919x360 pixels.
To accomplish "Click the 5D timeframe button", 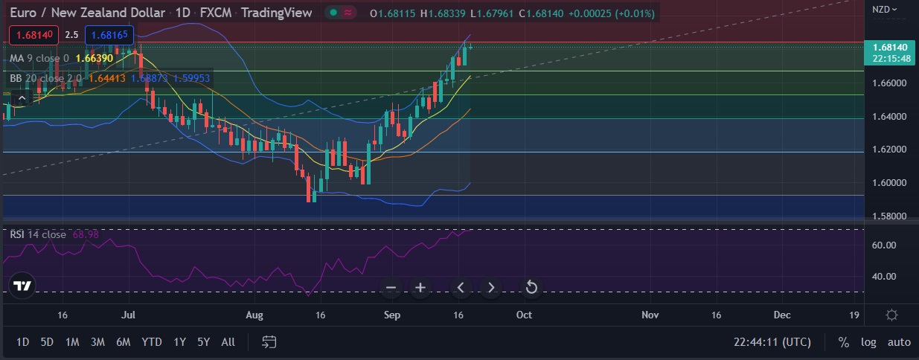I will point(47,342).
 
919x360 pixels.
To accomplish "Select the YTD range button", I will point(152,342).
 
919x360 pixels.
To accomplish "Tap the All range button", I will point(228,342).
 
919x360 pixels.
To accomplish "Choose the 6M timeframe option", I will point(123,342).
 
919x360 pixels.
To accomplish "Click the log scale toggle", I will point(868,342).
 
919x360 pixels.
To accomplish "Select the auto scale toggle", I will point(899,342).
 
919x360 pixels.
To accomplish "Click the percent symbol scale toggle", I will point(844,342).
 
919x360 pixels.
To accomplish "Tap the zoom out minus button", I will point(391,288).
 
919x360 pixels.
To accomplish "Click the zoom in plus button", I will point(420,288).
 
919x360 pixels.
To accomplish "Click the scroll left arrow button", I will point(461,288).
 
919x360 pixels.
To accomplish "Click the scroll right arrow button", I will point(490,288).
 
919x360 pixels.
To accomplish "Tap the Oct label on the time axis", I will point(524,315).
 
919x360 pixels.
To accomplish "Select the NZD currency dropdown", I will point(885,10).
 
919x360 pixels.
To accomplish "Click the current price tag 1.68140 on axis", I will point(890,48).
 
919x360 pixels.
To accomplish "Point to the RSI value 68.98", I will point(85,234).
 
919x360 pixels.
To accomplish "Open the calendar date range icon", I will point(269,342).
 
